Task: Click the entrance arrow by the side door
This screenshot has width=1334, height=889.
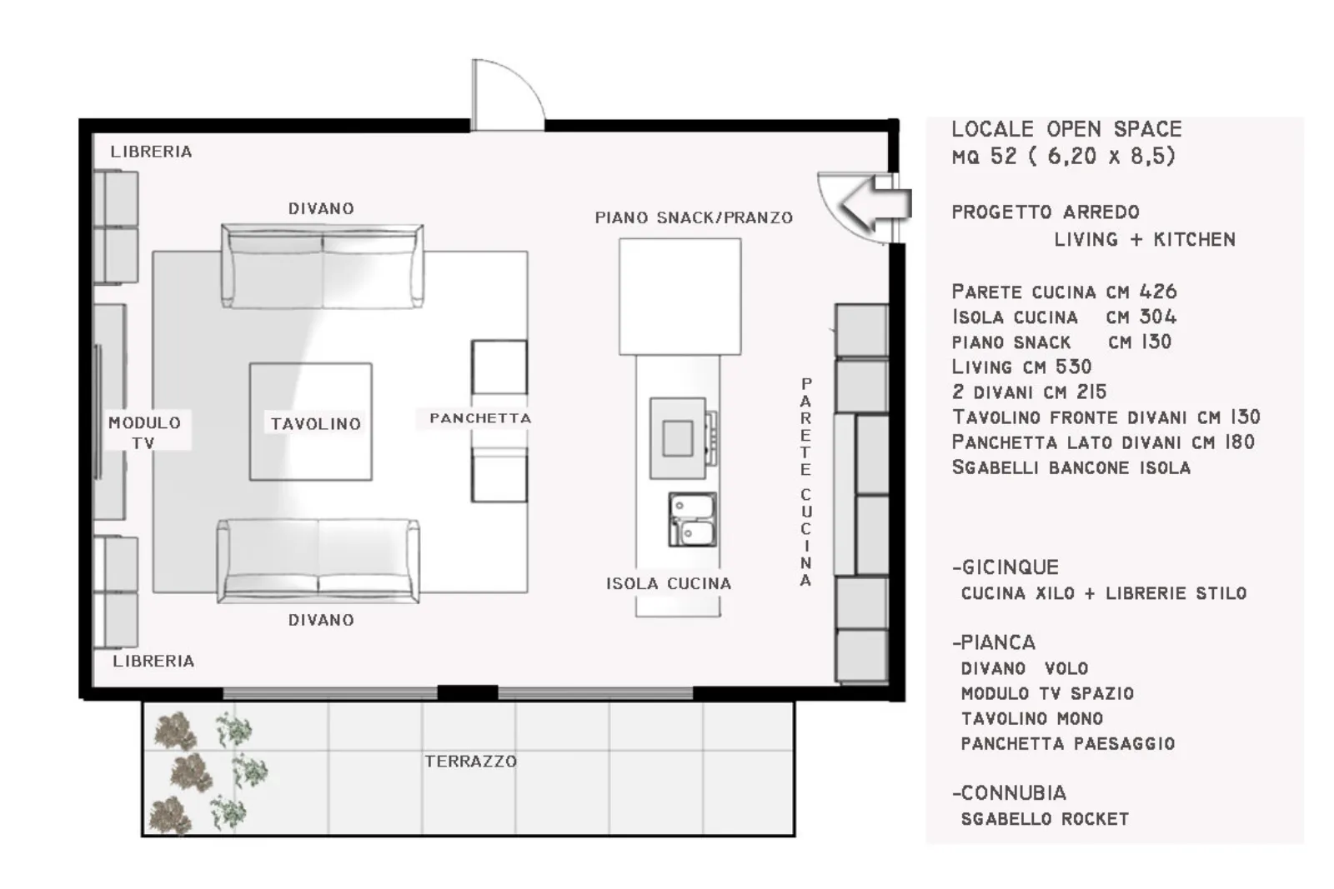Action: [875, 203]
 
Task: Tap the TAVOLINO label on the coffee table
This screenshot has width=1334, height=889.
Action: [316, 424]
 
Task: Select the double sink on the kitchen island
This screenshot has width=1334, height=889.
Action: [692, 519]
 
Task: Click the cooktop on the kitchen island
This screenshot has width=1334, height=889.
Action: [683, 438]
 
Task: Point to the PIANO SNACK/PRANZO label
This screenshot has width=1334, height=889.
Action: [694, 217]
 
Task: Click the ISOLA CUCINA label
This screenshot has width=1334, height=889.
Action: [669, 584]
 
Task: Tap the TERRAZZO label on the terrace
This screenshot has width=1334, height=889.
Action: [470, 761]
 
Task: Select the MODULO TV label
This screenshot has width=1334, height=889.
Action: [144, 432]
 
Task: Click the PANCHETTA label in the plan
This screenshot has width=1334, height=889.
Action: [480, 418]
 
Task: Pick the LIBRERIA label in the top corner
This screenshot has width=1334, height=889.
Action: [151, 152]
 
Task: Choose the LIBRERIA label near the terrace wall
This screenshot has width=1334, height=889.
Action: [153, 661]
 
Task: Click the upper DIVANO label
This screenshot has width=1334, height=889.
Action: [321, 209]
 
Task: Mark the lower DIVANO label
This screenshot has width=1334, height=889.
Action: [321, 620]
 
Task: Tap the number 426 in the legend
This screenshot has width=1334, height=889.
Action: [1158, 292]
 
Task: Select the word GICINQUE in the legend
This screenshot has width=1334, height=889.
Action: [1011, 567]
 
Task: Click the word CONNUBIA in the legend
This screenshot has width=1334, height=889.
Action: [1014, 793]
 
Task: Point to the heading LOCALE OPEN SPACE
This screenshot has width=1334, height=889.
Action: [1066, 129]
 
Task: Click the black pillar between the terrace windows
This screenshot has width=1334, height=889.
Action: [468, 692]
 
